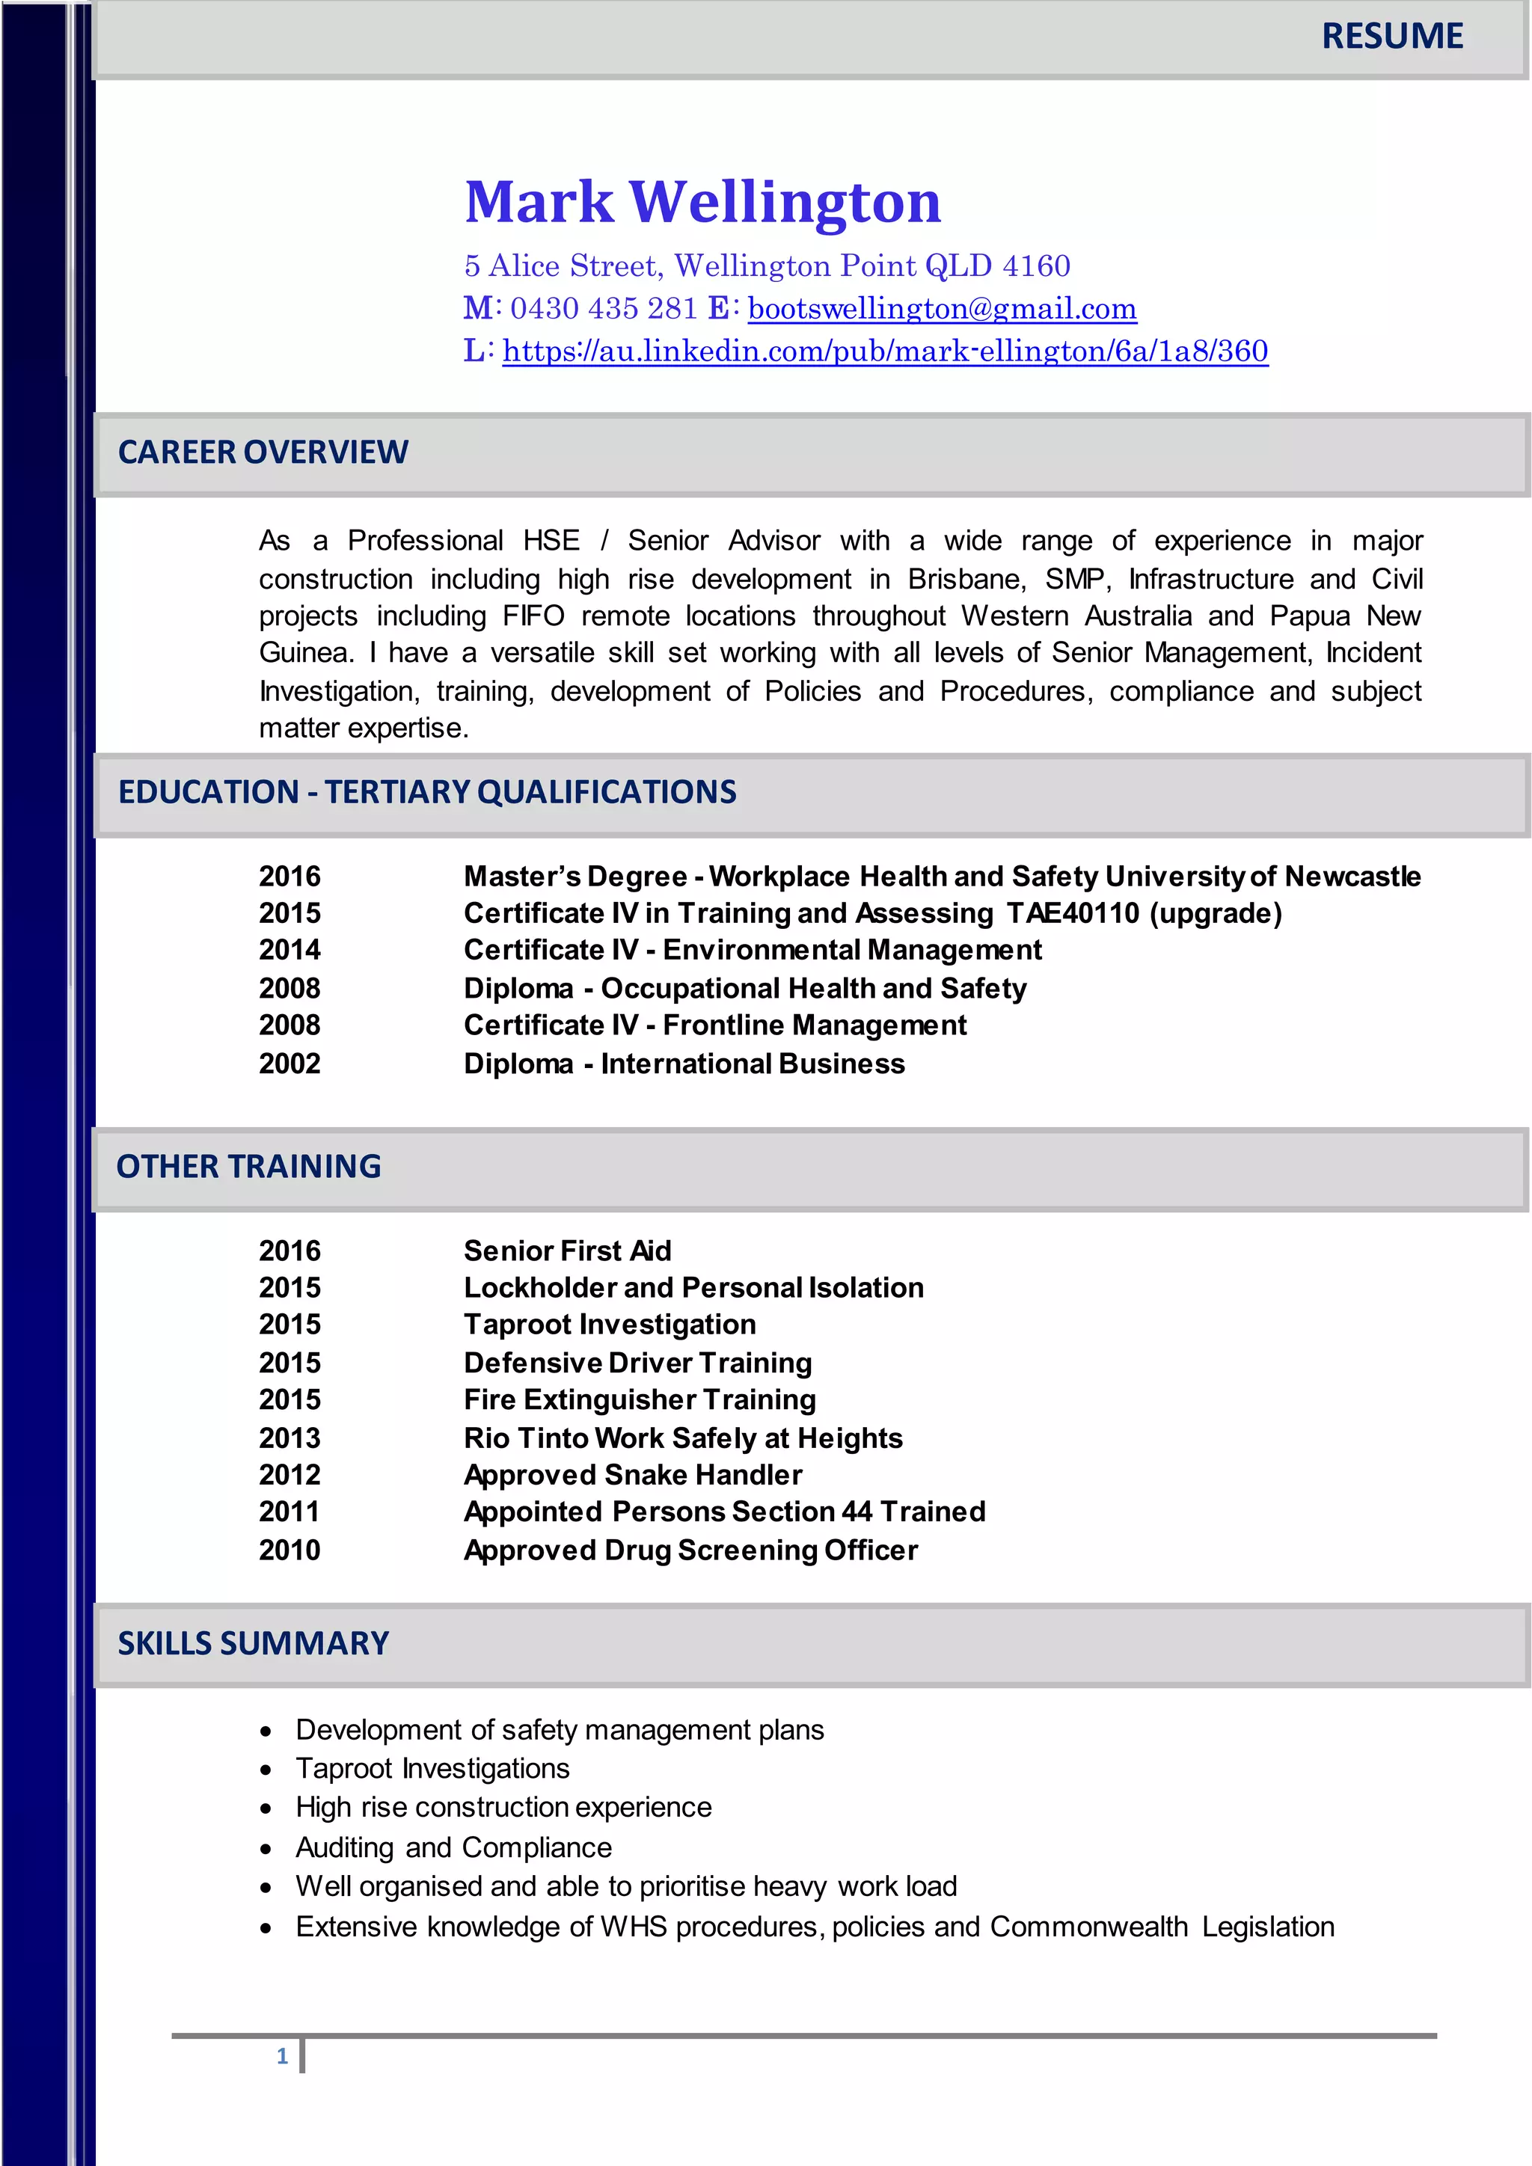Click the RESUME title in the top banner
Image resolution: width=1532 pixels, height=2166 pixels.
coord(1391,37)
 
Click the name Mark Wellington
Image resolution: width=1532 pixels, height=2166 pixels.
coord(703,202)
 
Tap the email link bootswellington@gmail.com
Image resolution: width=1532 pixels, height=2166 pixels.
coord(942,308)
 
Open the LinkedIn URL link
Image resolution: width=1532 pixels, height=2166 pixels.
coord(885,351)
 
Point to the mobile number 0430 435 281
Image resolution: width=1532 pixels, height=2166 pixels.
coord(604,308)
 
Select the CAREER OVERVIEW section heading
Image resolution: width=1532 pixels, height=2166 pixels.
coord(263,452)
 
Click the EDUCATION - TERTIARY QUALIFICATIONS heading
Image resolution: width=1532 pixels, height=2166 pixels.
coord(426,791)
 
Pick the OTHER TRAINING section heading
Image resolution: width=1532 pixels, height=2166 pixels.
coord(249,1166)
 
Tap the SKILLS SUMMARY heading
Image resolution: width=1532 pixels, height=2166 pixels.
coord(253,1642)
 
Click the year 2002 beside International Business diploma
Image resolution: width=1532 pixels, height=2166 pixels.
coord(289,1064)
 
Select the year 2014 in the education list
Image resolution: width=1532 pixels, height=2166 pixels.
coord(289,950)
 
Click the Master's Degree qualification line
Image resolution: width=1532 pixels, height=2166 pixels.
coord(942,877)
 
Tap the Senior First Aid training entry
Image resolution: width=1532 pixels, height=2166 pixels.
coord(568,1251)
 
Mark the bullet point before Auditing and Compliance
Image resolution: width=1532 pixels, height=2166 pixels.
coord(266,1849)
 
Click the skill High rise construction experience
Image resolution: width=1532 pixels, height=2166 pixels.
coord(503,1808)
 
